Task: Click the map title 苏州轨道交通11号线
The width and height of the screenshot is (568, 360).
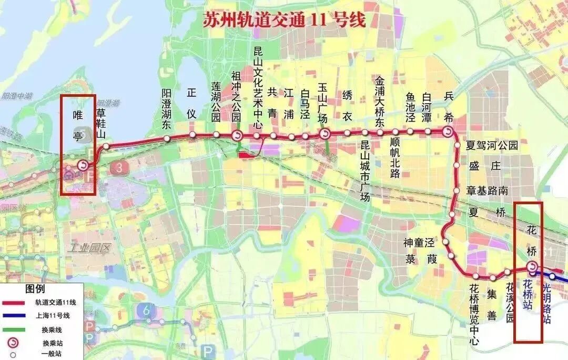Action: (x=284, y=19)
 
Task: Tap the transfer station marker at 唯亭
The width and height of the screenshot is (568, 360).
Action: (x=83, y=166)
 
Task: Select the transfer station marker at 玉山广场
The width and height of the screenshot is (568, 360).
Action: (x=324, y=134)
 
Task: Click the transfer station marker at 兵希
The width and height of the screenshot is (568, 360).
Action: (x=448, y=132)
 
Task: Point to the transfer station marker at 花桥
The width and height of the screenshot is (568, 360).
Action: (x=531, y=267)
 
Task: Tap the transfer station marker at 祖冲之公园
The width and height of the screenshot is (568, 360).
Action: (x=237, y=136)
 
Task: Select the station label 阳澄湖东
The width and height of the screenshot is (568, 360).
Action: (x=167, y=109)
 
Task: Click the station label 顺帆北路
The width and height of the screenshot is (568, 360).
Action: (x=395, y=158)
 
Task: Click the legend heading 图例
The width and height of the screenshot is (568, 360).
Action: (x=35, y=289)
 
